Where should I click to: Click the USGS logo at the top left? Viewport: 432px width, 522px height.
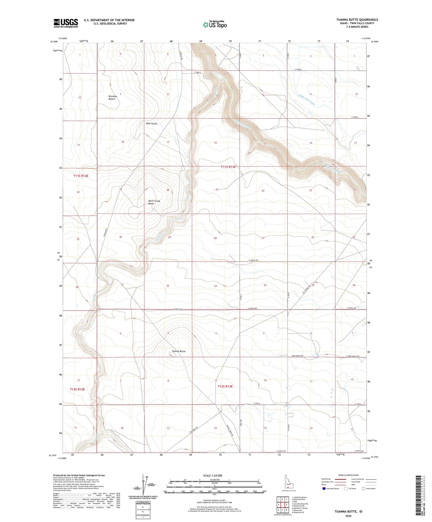pos(65,23)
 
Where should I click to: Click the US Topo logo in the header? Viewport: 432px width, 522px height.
pos(215,25)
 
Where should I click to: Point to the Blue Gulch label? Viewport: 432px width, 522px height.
pos(152,123)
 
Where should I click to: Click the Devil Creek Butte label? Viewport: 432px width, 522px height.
pos(154,202)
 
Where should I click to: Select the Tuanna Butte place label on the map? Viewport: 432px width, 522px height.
pos(179,351)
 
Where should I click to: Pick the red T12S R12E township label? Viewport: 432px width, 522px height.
pos(77,389)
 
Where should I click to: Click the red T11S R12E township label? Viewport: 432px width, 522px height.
pos(81,176)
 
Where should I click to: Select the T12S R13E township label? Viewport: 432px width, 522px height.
pos(225,386)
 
